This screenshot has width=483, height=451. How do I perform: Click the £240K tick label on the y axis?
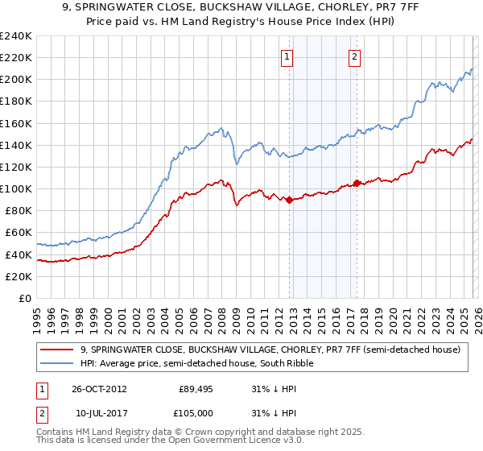(x=15, y=35)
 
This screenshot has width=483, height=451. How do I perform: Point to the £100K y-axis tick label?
(x=15, y=188)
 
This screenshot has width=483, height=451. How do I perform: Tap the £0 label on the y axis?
(x=24, y=298)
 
